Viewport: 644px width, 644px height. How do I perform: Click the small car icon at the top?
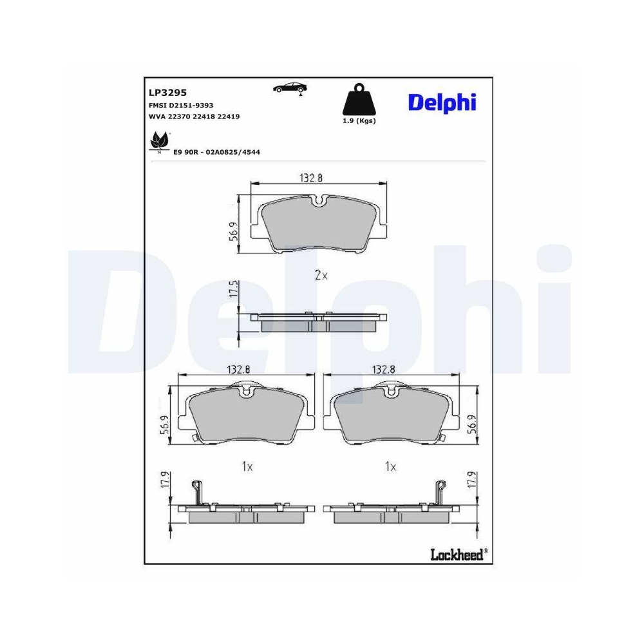pyautogui.click(x=290, y=88)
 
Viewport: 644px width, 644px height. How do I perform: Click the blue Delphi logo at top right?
pyautogui.click(x=442, y=102)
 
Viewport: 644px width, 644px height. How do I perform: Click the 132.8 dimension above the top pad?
pyautogui.click(x=310, y=178)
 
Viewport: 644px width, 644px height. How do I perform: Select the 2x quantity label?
pyautogui.click(x=321, y=276)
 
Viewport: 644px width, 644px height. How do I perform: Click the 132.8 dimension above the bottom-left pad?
pyautogui.click(x=238, y=369)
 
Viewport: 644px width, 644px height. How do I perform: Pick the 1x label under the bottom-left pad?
pyautogui.click(x=247, y=466)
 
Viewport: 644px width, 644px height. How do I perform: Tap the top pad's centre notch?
pyautogui.click(x=318, y=200)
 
